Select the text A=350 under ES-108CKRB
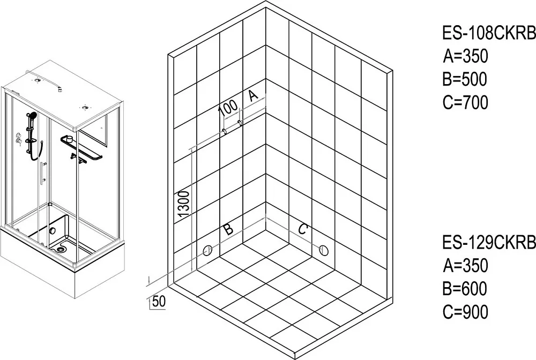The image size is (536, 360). coord(466,56)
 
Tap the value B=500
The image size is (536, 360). coord(465,79)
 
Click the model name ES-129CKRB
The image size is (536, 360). coord(489,243)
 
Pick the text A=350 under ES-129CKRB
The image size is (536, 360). coord(466,265)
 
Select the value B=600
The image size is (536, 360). coord(465,289)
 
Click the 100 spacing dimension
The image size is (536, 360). coord(228,107)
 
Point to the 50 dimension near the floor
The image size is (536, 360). coord(159,301)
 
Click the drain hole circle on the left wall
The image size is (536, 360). coord(207,251)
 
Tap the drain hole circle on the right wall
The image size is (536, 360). coord(323,250)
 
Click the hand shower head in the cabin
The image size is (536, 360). coord(32,115)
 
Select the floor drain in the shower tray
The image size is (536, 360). coord(61,249)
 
